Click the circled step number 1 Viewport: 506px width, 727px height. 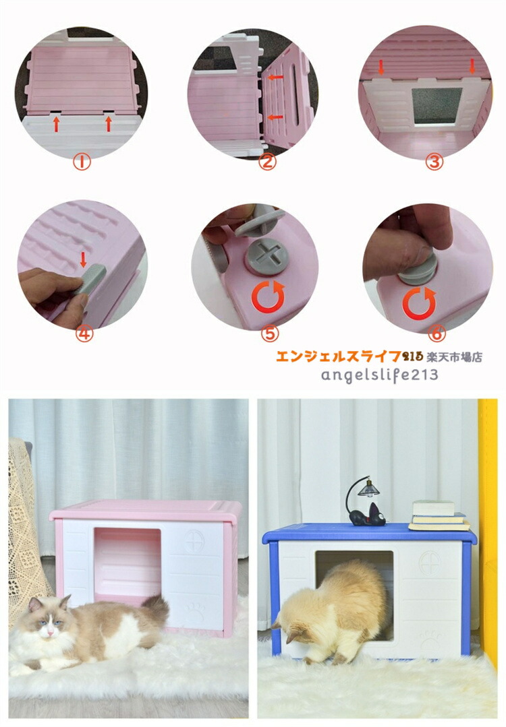tap(82, 162)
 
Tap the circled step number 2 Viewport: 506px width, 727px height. tap(267, 162)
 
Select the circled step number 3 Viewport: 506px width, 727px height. tap(434, 162)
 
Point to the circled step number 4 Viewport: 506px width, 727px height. tap(84, 334)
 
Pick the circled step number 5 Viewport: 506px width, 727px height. tap(270, 334)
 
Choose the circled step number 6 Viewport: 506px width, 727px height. tap(437, 332)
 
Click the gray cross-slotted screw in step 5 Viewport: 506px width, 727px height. tap(266, 257)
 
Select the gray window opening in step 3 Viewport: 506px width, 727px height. tap(437, 106)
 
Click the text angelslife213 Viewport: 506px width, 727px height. tap(379, 375)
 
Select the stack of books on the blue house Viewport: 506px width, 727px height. tap(439, 515)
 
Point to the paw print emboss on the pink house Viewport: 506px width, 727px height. tap(195, 611)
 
